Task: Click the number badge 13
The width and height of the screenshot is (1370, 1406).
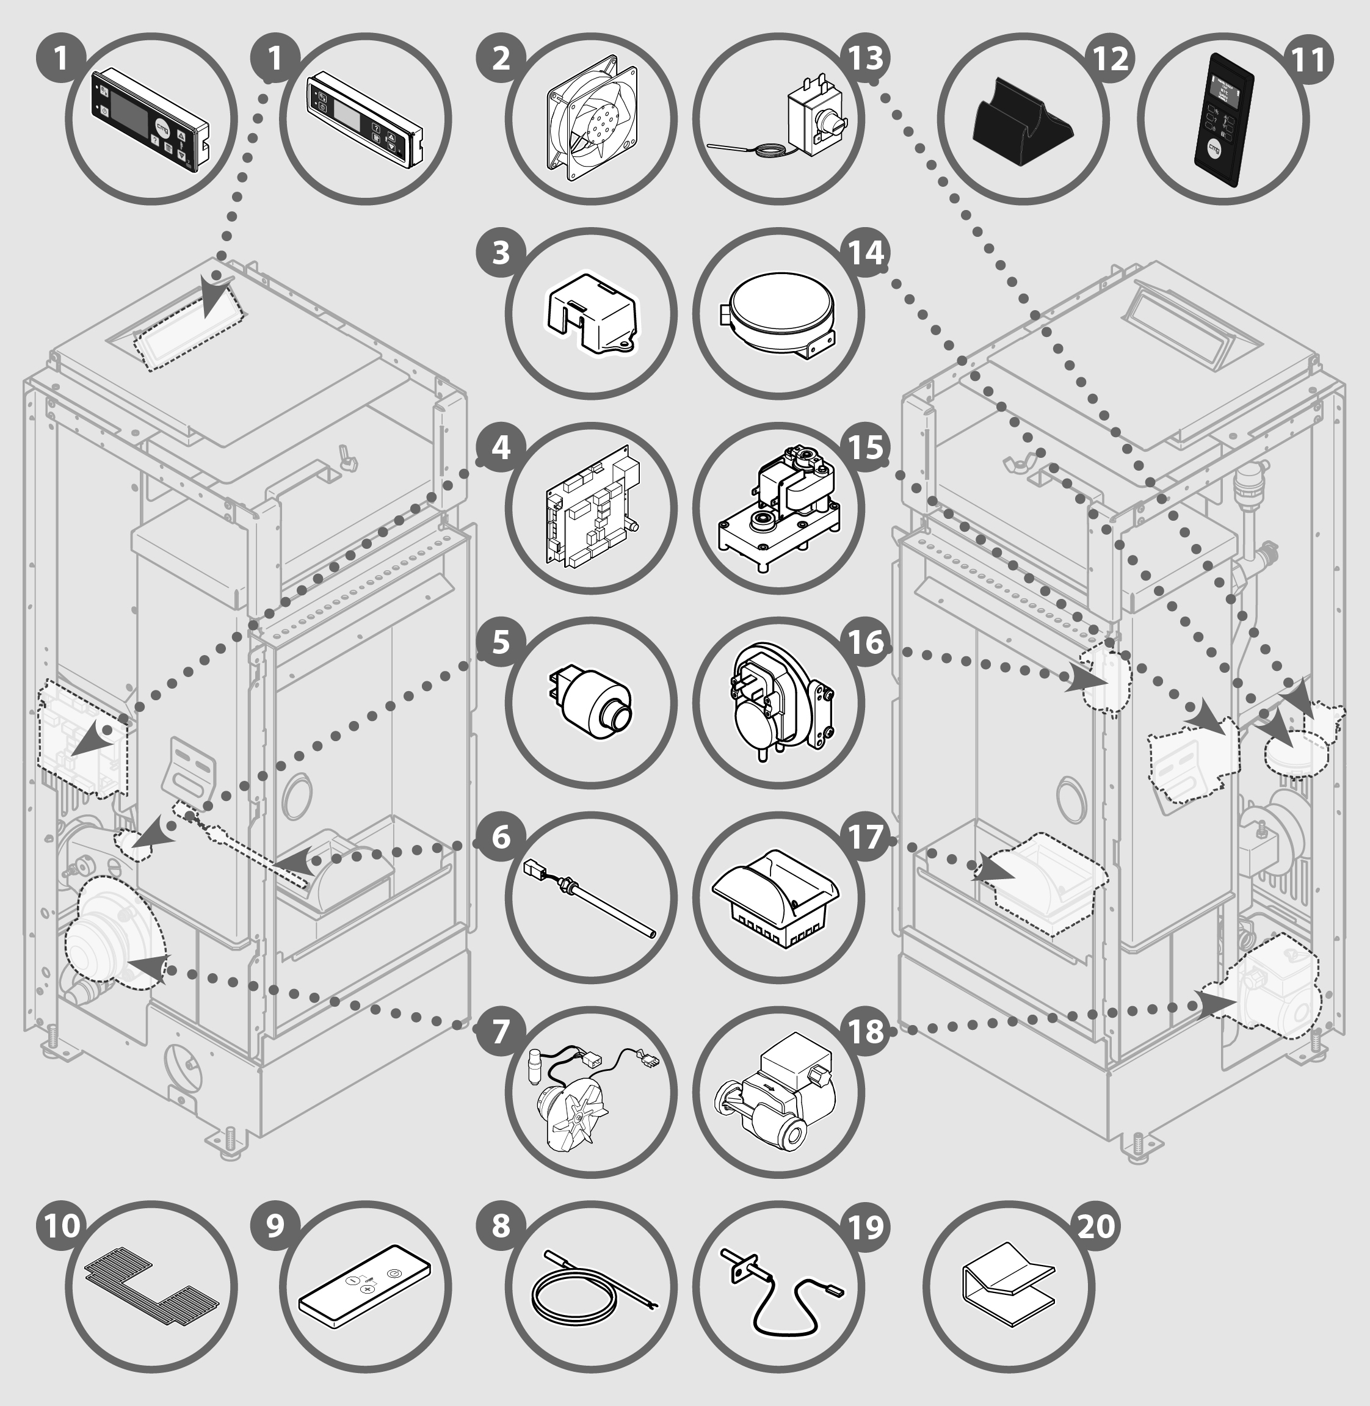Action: (x=866, y=58)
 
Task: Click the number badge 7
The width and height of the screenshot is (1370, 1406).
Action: (x=501, y=1031)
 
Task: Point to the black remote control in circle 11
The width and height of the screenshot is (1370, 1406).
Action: (x=1224, y=120)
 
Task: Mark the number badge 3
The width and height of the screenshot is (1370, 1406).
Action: (x=501, y=253)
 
